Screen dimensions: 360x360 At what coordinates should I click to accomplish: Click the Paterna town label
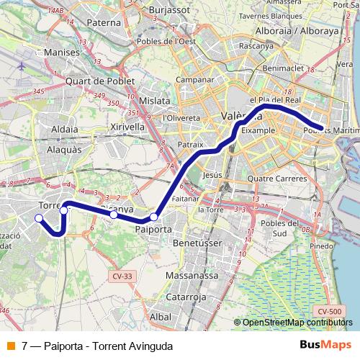[104, 22]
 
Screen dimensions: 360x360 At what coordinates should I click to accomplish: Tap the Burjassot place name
[170, 12]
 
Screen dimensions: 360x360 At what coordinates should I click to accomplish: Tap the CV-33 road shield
[120, 275]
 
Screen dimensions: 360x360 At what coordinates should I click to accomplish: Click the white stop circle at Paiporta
[153, 217]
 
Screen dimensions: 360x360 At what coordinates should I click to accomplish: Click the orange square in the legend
[10, 345]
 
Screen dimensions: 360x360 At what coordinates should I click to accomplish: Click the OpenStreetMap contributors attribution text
[297, 323]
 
